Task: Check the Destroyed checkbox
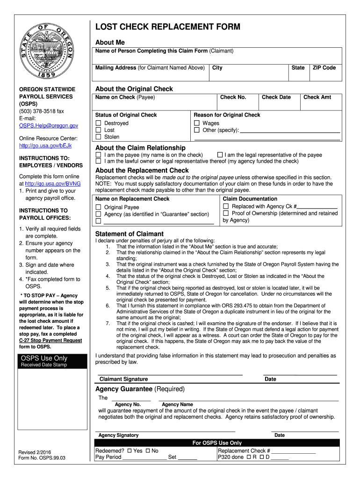(x=99, y=123)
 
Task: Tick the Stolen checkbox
(x=99, y=137)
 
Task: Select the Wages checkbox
(x=197, y=123)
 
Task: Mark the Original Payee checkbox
(x=99, y=207)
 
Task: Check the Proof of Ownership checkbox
(x=226, y=213)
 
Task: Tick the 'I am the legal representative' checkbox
(x=220, y=155)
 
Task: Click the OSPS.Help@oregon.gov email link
(x=48, y=126)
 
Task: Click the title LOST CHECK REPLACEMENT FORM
(x=168, y=27)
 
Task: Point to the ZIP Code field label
(x=324, y=68)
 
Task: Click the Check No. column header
(x=233, y=97)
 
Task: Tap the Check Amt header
(x=317, y=97)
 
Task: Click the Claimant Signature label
(x=123, y=379)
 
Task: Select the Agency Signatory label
(x=118, y=435)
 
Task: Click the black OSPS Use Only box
(x=51, y=361)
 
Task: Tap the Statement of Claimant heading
(x=130, y=234)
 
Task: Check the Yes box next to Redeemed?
(x=129, y=451)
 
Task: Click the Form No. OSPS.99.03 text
(x=42, y=458)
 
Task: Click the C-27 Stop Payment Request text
(x=50, y=341)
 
